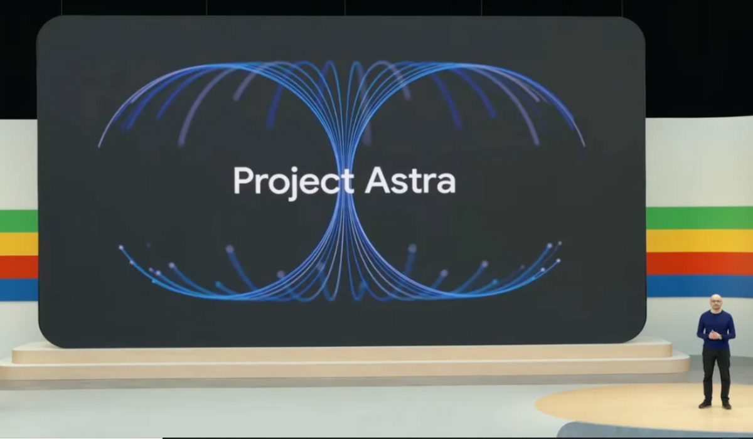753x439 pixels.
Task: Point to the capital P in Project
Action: (x=242, y=181)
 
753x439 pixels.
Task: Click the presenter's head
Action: (x=715, y=301)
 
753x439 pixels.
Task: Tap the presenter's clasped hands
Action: (x=715, y=335)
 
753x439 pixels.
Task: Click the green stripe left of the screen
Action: (x=18, y=221)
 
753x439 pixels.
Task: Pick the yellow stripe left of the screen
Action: (x=18, y=244)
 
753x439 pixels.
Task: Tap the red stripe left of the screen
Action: (x=18, y=267)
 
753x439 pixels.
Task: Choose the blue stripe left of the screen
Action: (x=18, y=289)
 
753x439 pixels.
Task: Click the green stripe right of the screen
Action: (x=699, y=218)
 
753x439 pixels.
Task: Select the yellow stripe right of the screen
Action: (x=699, y=241)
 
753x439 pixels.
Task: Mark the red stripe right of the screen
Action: (x=699, y=263)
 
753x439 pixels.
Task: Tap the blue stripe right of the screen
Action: (x=699, y=286)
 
